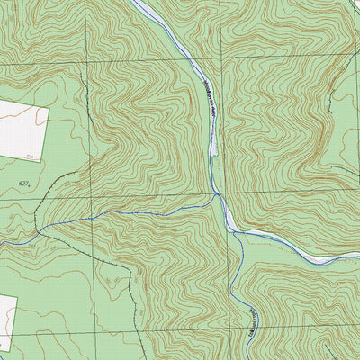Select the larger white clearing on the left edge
(21, 130)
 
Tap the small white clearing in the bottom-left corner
(7, 322)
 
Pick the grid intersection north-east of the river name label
(218, 62)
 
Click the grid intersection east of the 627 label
(87, 197)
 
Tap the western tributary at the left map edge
(3, 244)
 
